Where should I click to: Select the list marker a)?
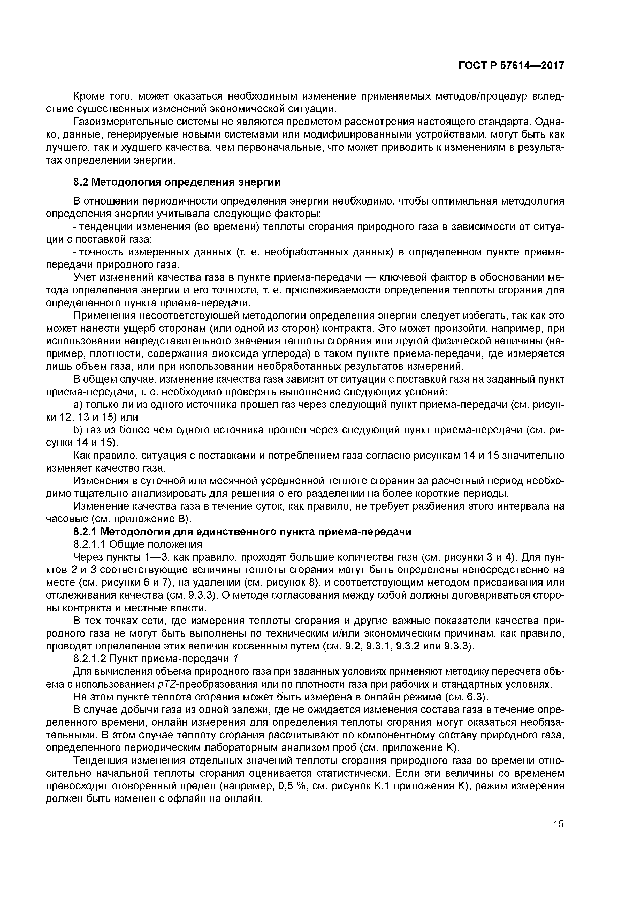[78, 405]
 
